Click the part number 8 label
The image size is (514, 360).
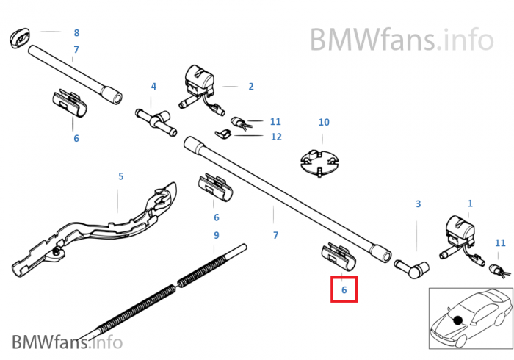click(x=76, y=33)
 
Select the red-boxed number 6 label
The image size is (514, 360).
click(x=344, y=289)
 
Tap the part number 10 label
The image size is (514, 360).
click(x=324, y=122)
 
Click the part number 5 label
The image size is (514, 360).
click(x=121, y=176)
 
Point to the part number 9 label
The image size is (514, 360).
click(x=216, y=235)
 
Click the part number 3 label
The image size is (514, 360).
click(x=418, y=204)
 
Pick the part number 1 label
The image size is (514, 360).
click(x=471, y=203)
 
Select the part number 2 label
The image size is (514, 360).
click(x=250, y=86)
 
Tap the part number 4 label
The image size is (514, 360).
click(x=153, y=87)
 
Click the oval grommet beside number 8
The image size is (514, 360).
click(x=21, y=38)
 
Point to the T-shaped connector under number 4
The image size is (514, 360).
click(x=155, y=118)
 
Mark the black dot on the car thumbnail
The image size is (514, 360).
click(x=458, y=320)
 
